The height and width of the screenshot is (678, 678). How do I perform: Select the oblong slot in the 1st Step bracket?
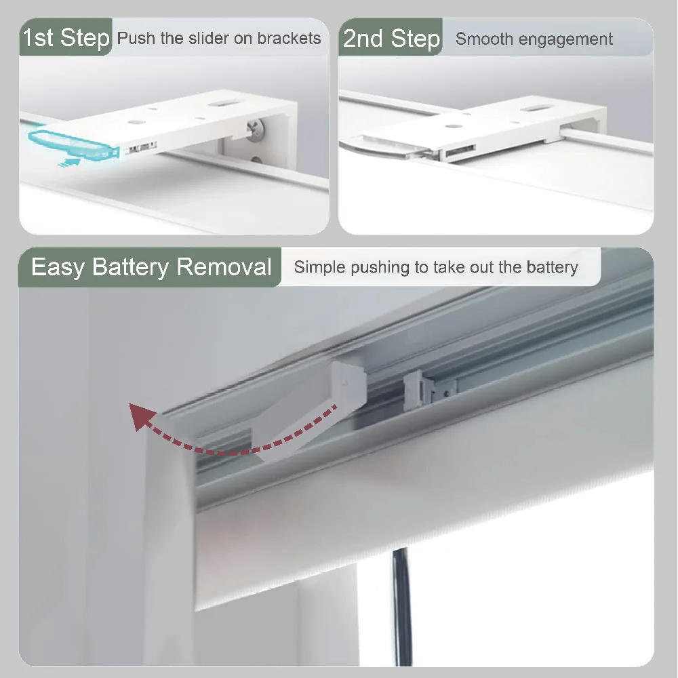point(222,105)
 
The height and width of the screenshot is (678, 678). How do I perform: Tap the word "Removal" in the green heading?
point(224,267)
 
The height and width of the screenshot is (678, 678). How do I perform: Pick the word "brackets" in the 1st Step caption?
point(289,38)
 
